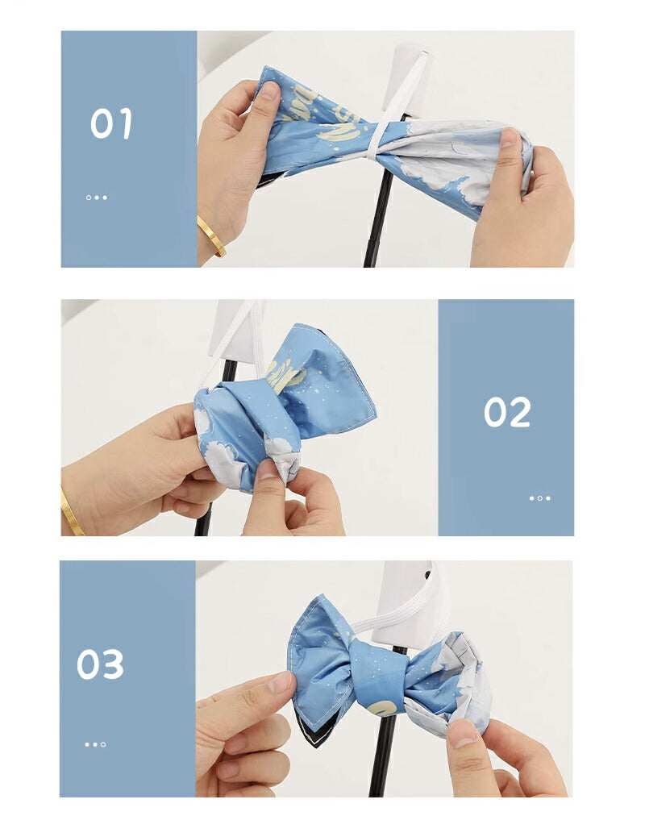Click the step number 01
pyautogui.click(x=110, y=124)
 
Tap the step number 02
pyautogui.click(x=507, y=412)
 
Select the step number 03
pyautogui.click(x=101, y=664)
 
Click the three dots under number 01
pyautogui.click(x=96, y=198)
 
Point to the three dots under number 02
pyautogui.click(x=540, y=498)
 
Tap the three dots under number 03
pyautogui.click(x=95, y=745)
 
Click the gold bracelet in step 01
pyautogui.click(x=211, y=235)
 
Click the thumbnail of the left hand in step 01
pyautogui.click(x=269, y=91)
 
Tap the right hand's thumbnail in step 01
pyautogui.click(x=510, y=138)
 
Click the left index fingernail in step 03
pyautogui.click(x=281, y=682)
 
